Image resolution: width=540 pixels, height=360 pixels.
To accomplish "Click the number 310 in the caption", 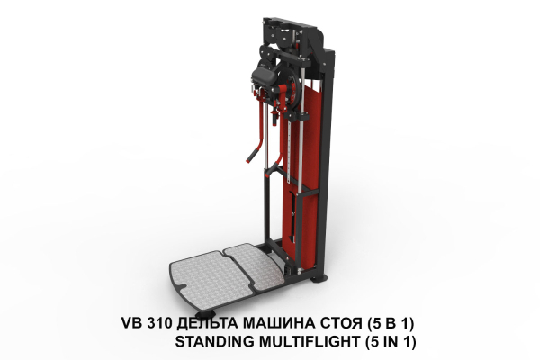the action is click(159, 323).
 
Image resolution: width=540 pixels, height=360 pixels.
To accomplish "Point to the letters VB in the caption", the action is click(131, 323).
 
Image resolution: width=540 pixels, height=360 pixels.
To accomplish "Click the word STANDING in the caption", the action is click(214, 342).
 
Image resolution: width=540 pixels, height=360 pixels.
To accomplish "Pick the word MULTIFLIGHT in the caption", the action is click(309, 342).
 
